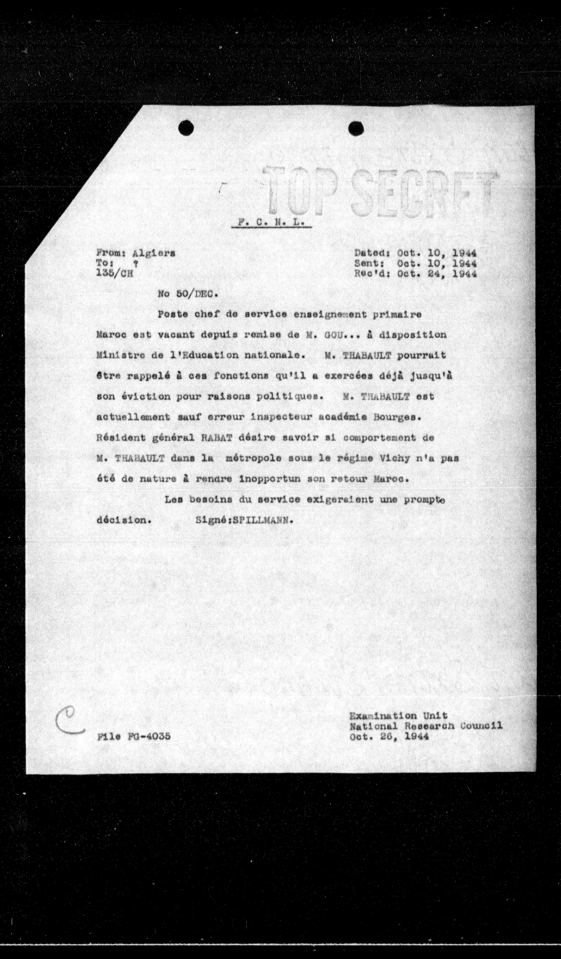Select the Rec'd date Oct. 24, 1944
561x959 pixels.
pyautogui.click(x=437, y=274)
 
